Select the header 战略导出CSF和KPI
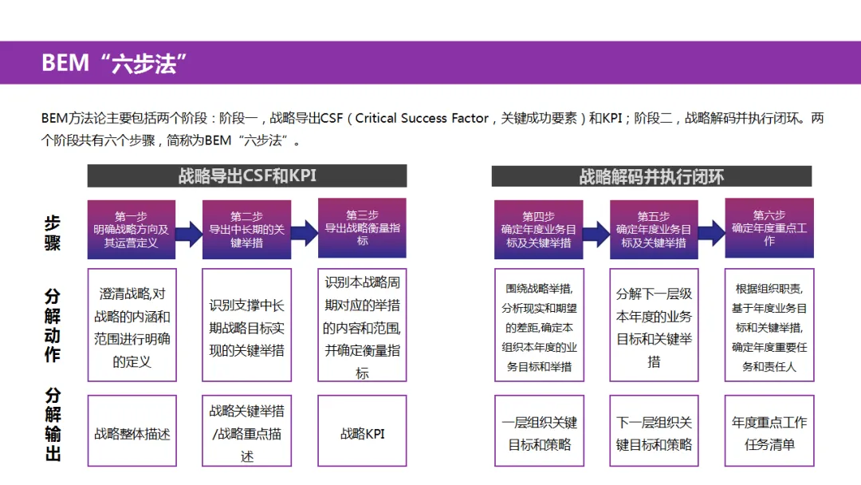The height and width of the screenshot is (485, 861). [246, 176]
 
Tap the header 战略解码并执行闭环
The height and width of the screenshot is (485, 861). [651, 176]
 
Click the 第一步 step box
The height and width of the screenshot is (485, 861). [131, 229]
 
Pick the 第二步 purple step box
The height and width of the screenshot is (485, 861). [246, 229]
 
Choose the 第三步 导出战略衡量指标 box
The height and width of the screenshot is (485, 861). [362, 228]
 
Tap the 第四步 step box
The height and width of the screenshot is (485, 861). [538, 229]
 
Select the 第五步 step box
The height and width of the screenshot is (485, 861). [654, 229]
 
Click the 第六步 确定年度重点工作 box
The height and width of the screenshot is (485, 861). [769, 228]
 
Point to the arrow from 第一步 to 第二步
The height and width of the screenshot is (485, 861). [189, 233]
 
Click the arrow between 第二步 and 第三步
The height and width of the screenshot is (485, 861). [305, 233]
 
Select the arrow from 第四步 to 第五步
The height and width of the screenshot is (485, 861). [596, 233]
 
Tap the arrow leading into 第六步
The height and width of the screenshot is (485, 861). [711, 233]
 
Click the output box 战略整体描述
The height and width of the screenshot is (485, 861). [132, 434]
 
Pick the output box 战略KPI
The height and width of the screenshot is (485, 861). [362, 434]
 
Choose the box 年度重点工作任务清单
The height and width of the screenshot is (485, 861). [769, 433]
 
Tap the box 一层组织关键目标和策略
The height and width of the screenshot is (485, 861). [539, 433]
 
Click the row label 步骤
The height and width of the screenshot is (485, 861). [53, 233]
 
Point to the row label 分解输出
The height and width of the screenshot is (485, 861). [53, 424]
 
